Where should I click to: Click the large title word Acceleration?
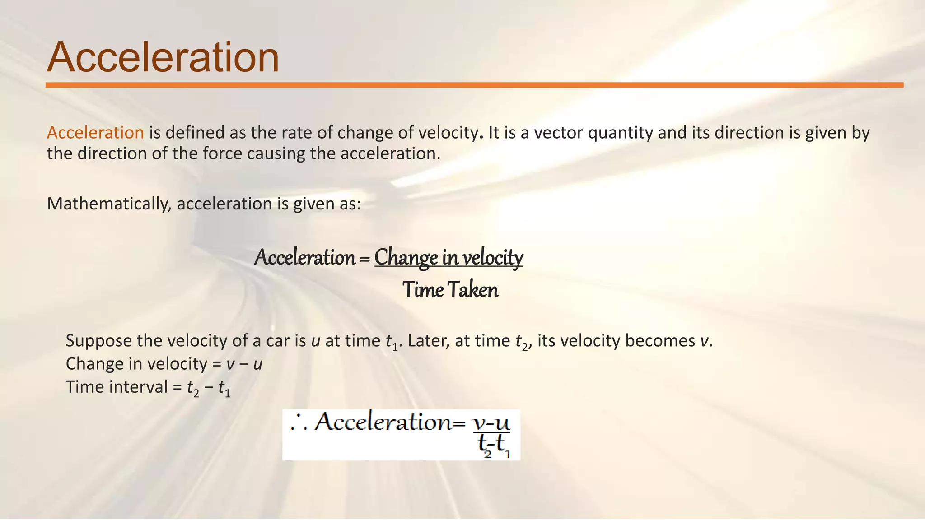(x=163, y=57)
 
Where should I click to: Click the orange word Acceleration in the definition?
(x=95, y=133)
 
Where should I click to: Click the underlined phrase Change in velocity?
(x=448, y=257)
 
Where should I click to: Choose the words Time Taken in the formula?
(x=450, y=289)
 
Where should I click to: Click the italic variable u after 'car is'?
(x=316, y=341)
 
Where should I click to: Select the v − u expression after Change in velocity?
(x=244, y=364)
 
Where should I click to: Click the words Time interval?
(x=117, y=387)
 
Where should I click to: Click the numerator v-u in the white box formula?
(x=491, y=423)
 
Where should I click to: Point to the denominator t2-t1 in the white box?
(x=494, y=445)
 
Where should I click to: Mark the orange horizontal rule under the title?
(x=474, y=85)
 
